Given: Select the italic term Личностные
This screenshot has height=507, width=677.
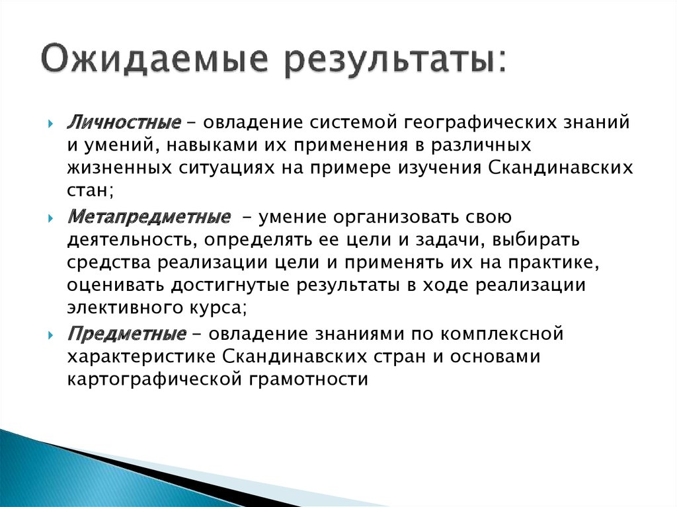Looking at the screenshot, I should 124,123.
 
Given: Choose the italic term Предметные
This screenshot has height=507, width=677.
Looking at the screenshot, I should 126,334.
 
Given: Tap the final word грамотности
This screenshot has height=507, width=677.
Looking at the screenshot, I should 309,379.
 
